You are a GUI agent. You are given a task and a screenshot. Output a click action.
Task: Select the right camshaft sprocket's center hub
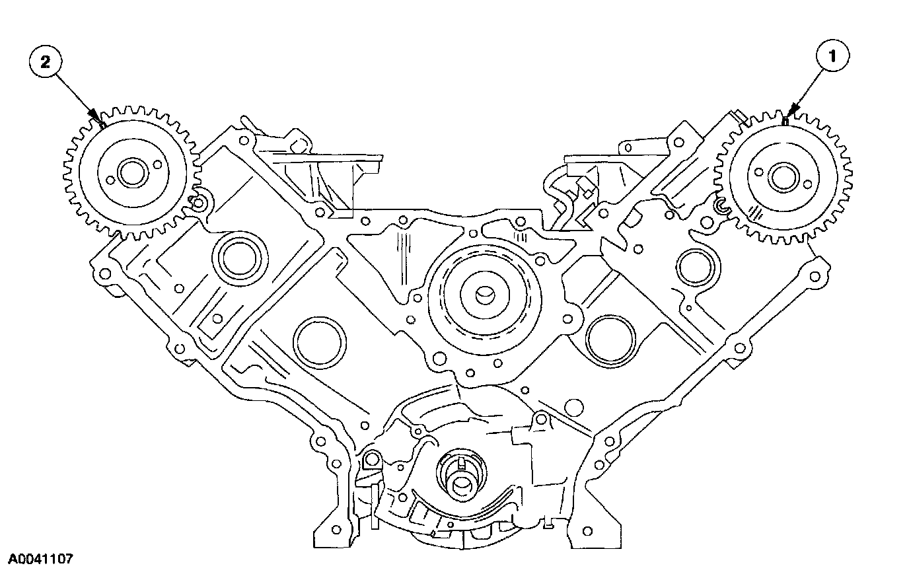pyautogui.click(x=783, y=176)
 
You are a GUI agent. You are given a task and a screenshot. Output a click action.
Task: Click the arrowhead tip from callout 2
pyautogui.click(x=101, y=124)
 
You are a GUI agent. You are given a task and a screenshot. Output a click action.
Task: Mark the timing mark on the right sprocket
pyautogui.click(x=783, y=122)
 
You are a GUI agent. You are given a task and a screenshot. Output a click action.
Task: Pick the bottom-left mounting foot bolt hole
pyautogui.click(x=335, y=530)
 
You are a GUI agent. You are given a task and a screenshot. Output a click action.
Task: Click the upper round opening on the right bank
pyautogui.click(x=694, y=268)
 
